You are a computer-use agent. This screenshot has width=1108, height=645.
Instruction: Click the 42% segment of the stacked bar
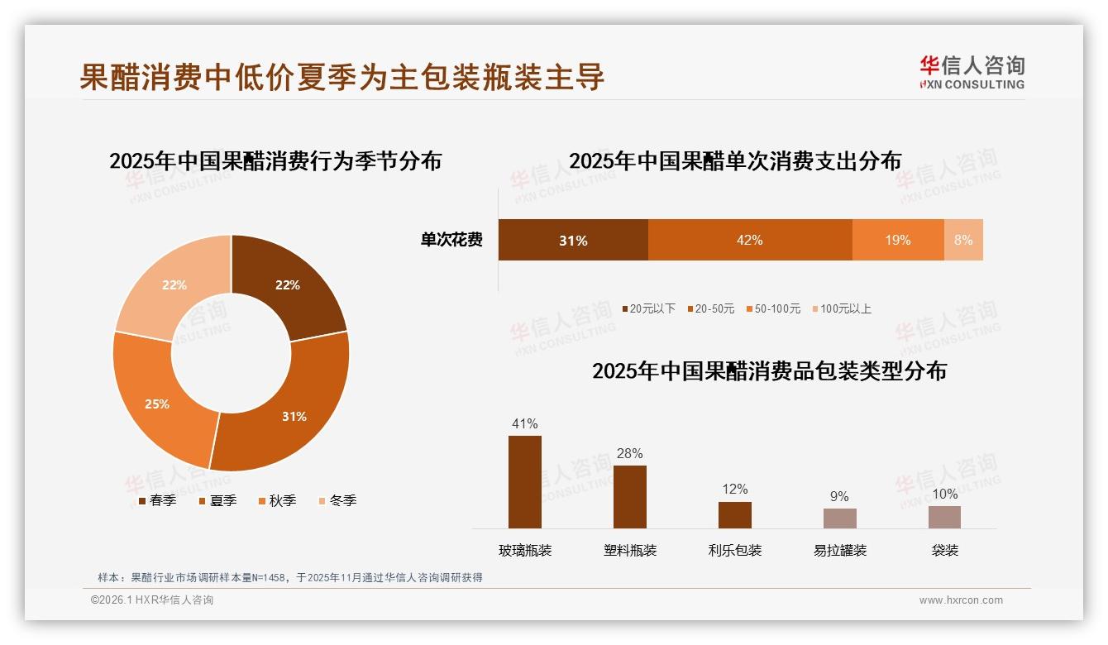[x=749, y=240]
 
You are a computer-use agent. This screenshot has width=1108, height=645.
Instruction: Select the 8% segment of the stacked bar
[x=963, y=240]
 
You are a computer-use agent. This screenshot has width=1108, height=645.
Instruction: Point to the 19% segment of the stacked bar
[x=897, y=240]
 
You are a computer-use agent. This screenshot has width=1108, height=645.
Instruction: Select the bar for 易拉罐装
[x=839, y=518]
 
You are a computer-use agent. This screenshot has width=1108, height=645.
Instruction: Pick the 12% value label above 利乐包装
[x=734, y=490]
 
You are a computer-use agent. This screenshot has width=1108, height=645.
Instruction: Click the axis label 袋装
[x=944, y=550]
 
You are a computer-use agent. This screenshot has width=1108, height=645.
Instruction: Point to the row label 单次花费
[x=451, y=241]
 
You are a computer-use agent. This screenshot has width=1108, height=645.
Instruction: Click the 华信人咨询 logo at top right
[x=972, y=71]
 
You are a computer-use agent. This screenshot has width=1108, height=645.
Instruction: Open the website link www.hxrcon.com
[x=961, y=600]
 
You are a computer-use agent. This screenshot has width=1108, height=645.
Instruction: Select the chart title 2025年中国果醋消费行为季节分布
[x=275, y=160]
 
